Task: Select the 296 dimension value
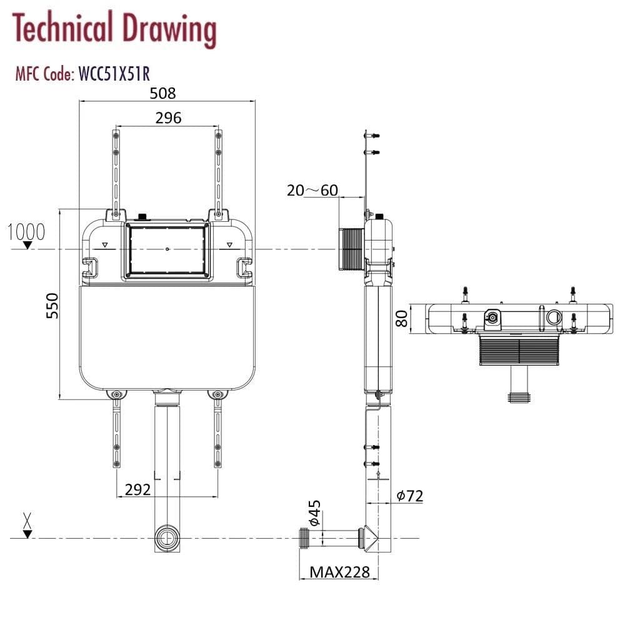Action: click(x=168, y=117)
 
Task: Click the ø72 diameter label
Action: click(x=410, y=496)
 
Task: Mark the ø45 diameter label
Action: click(x=314, y=512)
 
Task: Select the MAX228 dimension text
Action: click(x=340, y=571)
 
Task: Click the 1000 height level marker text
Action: click(x=26, y=232)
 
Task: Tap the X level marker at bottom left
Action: click(x=27, y=520)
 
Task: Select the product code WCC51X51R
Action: click(x=113, y=74)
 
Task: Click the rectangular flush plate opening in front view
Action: click(x=167, y=250)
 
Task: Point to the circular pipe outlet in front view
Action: click(x=167, y=537)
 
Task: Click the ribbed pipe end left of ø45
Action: click(x=304, y=537)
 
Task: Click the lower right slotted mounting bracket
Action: click(x=218, y=431)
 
